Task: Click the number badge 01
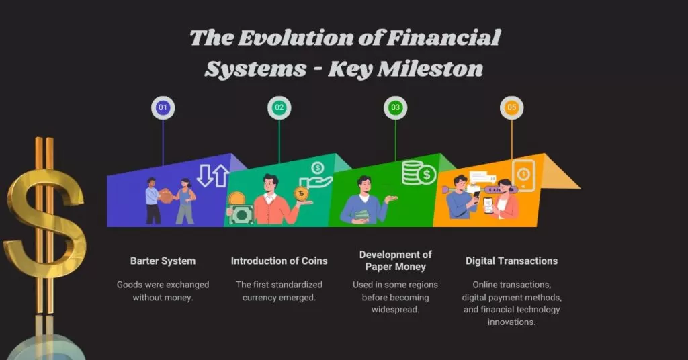pos(163,107)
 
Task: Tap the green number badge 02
pos(279,107)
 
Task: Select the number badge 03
pos(395,107)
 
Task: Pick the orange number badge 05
pos(512,107)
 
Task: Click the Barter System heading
pos(163,261)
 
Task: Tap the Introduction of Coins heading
pos(279,261)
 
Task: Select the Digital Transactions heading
pos(511,261)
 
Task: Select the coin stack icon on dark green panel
pos(418,173)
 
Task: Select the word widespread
pos(395,309)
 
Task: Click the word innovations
pos(511,322)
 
